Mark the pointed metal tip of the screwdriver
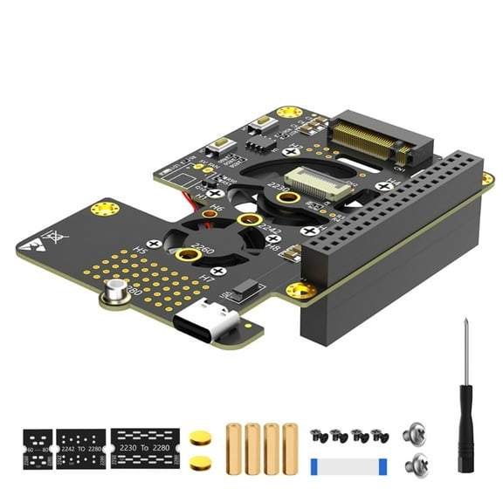click(464, 324)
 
